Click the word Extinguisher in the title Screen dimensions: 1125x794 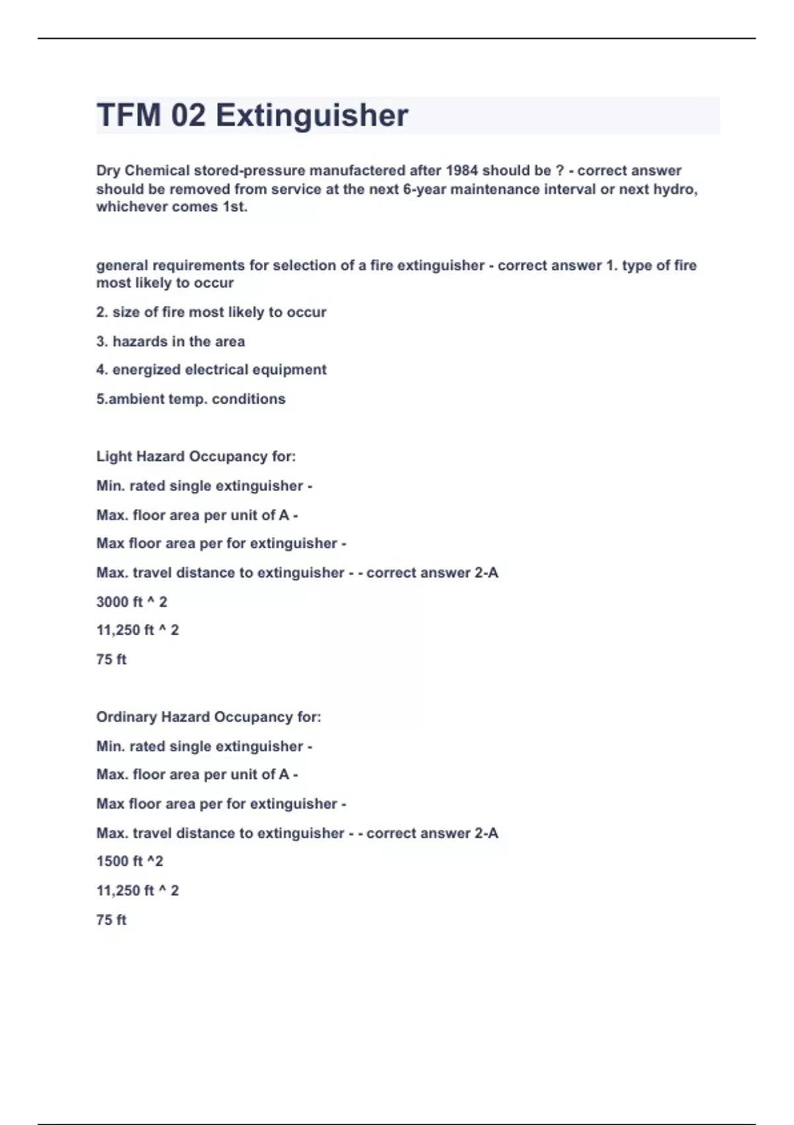pos(312,115)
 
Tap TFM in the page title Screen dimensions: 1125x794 pos(129,115)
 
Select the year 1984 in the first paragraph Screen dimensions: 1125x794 pos(461,171)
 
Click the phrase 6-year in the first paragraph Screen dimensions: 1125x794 pos(425,189)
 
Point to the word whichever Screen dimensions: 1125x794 pos(132,206)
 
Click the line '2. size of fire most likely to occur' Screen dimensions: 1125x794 pos(211,312)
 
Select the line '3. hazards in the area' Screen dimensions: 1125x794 pos(170,341)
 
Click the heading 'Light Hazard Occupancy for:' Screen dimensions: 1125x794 pos(196,457)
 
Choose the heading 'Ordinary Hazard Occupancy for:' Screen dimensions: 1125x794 pos(208,717)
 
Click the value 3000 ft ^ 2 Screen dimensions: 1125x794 pos(132,602)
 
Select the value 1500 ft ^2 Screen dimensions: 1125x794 pos(130,862)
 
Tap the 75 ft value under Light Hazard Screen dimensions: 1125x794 pos(111,660)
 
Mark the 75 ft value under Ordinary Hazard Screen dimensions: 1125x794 pos(111,920)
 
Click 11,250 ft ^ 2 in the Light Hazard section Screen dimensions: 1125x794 pos(138,631)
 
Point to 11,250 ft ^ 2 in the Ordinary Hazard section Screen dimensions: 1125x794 pos(138,891)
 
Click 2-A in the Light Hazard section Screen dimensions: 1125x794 pos(486,573)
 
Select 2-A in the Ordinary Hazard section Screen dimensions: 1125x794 pos(486,833)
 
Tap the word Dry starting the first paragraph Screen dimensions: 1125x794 pos(109,171)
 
